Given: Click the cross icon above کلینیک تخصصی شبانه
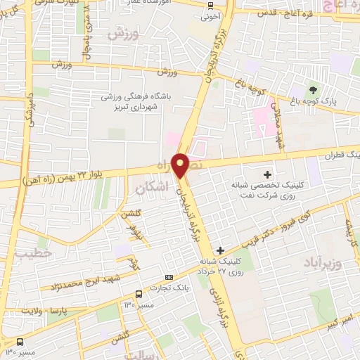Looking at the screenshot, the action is [x=267, y=174].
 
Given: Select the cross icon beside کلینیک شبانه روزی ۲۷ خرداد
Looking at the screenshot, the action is [x=221, y=250].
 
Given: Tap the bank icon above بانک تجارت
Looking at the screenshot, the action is [x=168, y=278].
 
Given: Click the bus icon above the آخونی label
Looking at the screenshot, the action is [x=210, y=5].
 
